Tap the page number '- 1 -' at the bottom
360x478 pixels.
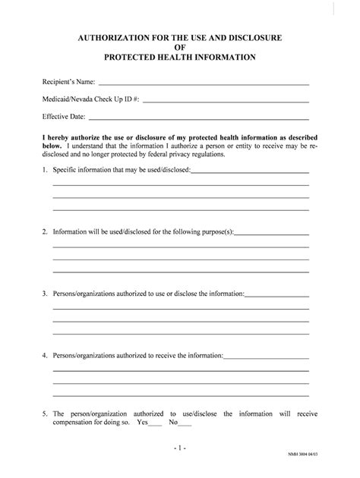pyautogui.click(x=180, y=450)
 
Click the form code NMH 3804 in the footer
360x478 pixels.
pyautogui.click(x=324, y=463)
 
